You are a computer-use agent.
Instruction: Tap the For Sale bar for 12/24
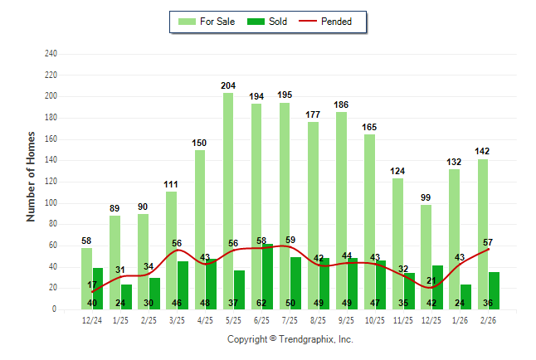click(86, 278)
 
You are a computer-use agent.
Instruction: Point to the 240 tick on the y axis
click(51, 54)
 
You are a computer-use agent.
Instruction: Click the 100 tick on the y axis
click(51, 203)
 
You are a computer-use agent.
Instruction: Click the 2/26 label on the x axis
click(488, 319)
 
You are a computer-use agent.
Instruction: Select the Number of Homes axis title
click(32, 176)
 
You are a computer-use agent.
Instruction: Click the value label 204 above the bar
click(228, 85)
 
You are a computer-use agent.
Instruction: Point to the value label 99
click(426, 197)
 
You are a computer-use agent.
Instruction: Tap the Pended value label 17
click(92, 285)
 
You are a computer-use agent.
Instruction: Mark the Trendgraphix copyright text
click(290, 339)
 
